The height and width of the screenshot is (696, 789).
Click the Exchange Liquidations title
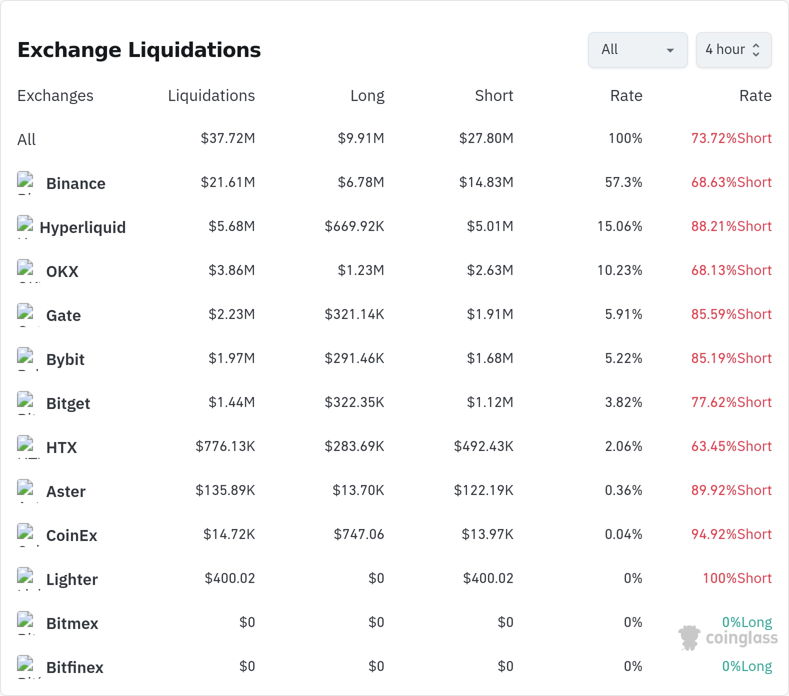click(x=139, y=50)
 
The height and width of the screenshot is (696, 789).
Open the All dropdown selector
click(x=637, y=50)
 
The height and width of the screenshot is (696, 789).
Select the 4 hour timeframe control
click(x=733, y=50)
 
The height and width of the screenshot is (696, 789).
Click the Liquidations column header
click(x=211, y=95)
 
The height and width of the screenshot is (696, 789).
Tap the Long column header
click(x=367, y=95)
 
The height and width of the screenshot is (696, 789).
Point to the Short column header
click(x=494, y=95)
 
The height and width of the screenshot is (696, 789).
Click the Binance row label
click(x=76, y=183)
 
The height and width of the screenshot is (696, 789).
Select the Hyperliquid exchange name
click(x=82, y=227)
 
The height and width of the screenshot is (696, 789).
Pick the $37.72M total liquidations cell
click(x=228, y=138)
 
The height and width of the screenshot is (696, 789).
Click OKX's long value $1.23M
click(x=361, y=270)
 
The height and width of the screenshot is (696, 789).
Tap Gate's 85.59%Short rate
click(x=731, y=314)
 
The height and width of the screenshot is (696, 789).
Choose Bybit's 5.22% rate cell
click(x=623, y=358)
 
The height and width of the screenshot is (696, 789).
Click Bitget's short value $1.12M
click(x=490, y=402)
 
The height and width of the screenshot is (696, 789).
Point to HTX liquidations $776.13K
click(x=225, y=446)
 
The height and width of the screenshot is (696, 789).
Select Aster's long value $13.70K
click(x=358, y=490)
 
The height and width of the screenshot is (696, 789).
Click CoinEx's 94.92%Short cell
click(x=731, y=534)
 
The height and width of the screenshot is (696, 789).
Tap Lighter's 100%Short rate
click(x=737, y=578)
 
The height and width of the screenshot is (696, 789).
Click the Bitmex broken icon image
click(x=25, y=620)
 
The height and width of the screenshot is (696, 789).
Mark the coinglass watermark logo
click(x=728, y=637)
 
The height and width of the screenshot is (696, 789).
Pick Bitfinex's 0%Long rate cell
click(x=747, y=666)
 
